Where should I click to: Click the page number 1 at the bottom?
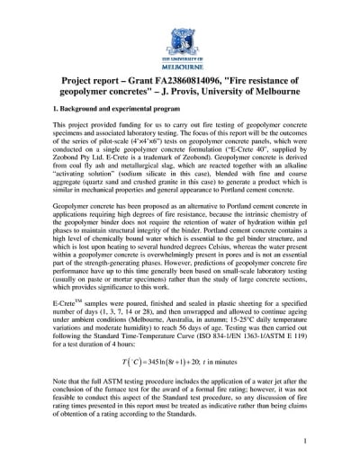pos(305,440)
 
